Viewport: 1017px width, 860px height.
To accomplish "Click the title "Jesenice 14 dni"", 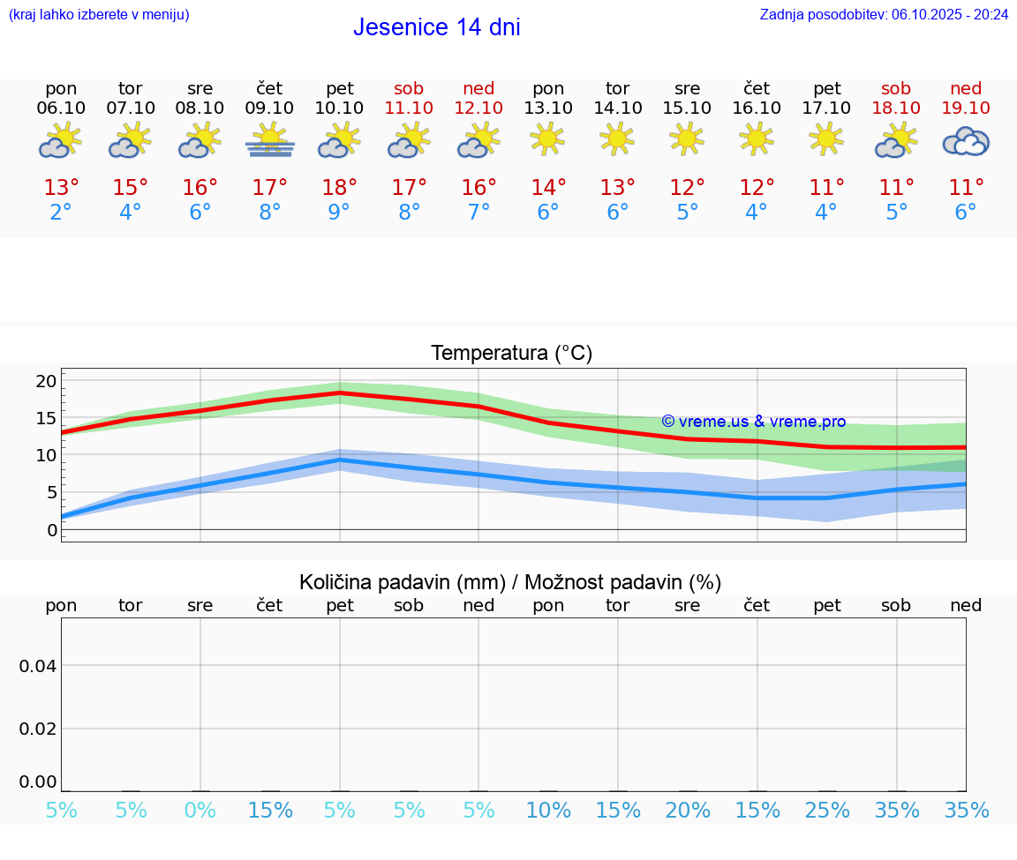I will (436, 27).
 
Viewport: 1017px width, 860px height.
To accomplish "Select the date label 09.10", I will (270, 108).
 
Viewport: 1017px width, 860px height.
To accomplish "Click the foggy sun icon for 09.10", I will (270, 141).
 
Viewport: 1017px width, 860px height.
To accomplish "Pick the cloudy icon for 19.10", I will (966, 141).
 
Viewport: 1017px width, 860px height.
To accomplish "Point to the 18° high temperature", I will (340, 187).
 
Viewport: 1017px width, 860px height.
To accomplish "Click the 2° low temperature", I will (61, 213).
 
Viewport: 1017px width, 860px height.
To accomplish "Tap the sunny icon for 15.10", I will (687, 138).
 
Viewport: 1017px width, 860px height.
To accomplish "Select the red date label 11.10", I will (409, 108).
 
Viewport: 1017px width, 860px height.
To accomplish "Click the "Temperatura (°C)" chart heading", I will (511, 354).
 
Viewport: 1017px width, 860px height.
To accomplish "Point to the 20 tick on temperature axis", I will (47, 381).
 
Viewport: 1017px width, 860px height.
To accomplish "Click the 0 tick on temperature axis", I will (51, 530).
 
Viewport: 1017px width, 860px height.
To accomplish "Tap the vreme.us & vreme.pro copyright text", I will (753, 422).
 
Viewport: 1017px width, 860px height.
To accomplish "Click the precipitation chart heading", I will (510, 582).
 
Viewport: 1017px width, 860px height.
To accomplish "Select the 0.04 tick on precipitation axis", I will (38, 665).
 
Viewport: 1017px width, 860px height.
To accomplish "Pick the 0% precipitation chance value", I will (200, 811).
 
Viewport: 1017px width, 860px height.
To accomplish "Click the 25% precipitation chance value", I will (827, 811).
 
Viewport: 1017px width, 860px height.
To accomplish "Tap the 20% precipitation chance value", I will (688, 811).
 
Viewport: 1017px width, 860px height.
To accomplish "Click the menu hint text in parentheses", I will (99, 14).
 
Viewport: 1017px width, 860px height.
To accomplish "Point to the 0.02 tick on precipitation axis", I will (38, 728).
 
